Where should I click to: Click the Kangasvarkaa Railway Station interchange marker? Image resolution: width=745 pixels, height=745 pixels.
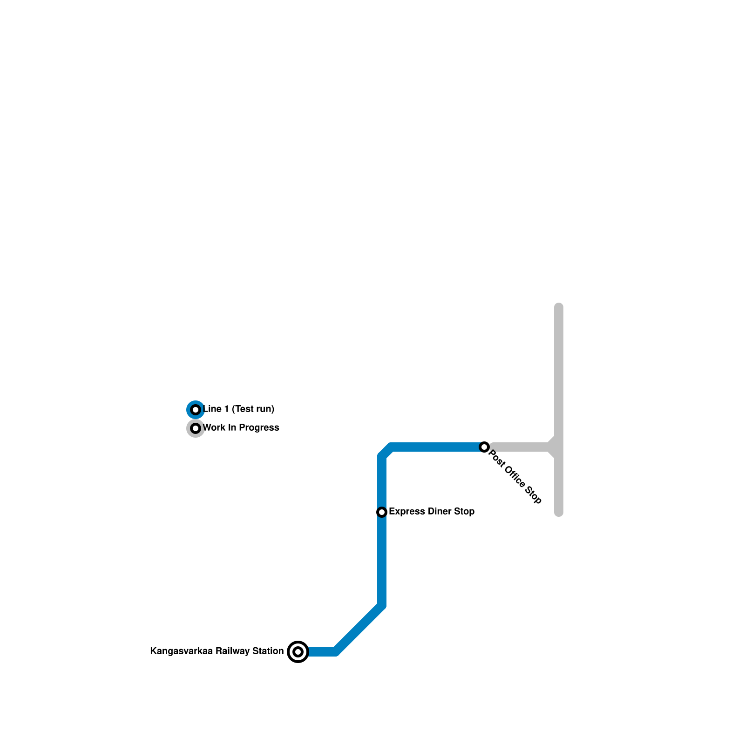point(298,651)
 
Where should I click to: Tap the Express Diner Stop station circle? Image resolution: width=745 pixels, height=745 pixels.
point(382,512)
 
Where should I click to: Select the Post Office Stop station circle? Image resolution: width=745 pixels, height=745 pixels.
point(484,447)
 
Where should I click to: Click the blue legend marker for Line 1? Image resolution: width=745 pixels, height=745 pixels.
point(196,410)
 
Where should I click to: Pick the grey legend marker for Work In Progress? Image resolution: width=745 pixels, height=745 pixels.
point(196,428)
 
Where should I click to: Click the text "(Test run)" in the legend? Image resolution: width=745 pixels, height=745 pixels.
point(253,409)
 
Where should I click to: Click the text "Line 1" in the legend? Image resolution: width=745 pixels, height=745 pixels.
point(216,409)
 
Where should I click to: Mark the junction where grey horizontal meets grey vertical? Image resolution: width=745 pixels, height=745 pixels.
point(558,447)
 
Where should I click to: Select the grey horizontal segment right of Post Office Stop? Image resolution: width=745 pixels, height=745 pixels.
point(519,447)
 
